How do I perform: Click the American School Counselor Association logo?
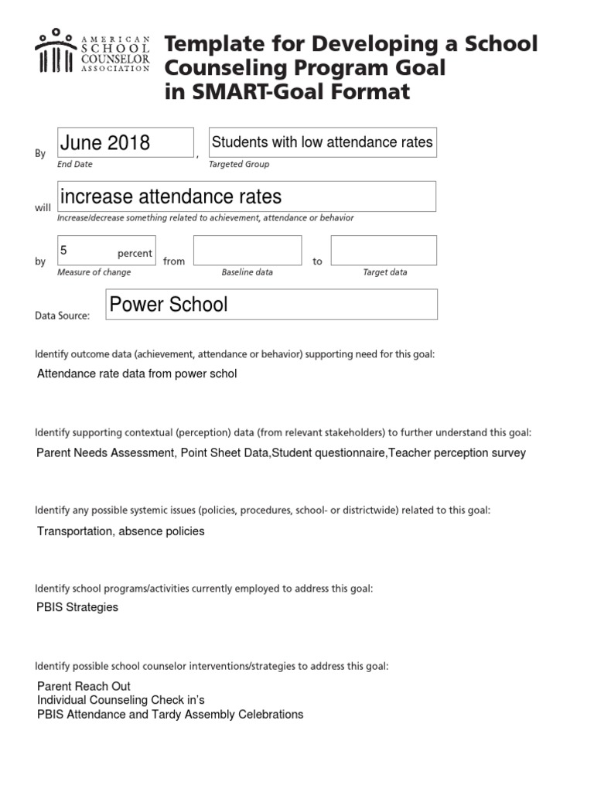pos(93,53)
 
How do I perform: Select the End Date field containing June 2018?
pos(125,142)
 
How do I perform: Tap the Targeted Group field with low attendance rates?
pos(322,142)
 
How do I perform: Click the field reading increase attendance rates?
pos(246,196)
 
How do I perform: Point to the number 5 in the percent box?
pos(65,251)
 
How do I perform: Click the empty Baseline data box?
pos(247,251)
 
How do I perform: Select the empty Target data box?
pos(384,251)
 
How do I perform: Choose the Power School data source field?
pos(271,304)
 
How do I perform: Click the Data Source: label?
pos(63,316)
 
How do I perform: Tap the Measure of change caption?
pos(94,272)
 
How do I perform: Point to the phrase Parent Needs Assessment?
pos(105,452)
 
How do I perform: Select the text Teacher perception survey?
pos(457,452)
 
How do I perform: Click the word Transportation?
pos(73,531)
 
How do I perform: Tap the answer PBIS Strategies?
pos(77,607)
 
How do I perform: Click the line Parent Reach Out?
pos(84,686)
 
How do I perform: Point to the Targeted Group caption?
pos(239,164)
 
